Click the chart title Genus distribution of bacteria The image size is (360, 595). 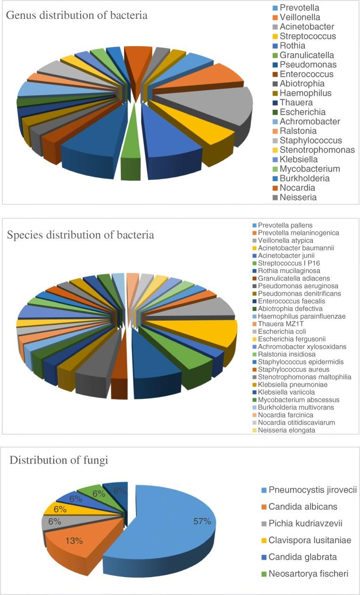click(76, 16)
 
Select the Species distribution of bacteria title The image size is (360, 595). click(81, 234)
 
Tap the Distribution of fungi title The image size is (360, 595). click(59, 460)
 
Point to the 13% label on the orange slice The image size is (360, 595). click(74, 541)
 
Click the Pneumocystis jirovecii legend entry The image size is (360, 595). click(312, 490)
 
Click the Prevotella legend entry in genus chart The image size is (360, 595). click(299, 8)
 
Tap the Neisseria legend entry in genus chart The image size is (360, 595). click(297, 198)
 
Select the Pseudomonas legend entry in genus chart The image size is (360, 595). click(308, 65)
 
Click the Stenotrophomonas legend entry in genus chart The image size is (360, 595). click(317, 150)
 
